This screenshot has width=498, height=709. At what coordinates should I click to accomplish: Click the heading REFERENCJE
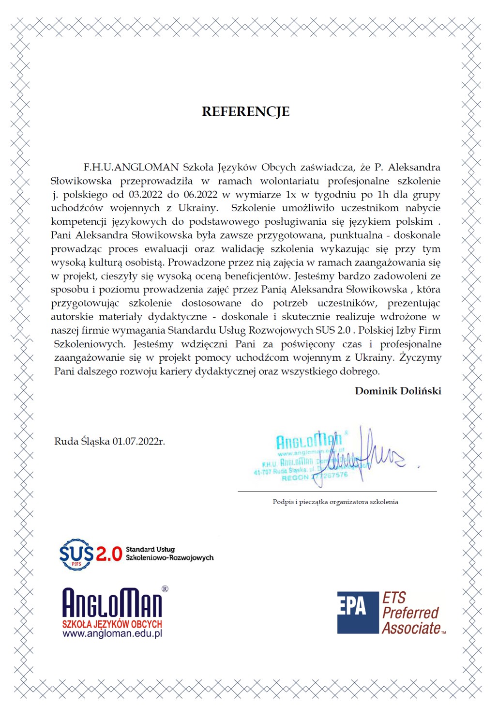(245, 112)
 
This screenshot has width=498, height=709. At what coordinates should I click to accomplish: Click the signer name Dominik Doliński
(398, 391)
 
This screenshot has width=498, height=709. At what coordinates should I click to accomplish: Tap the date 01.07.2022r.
(139, 441)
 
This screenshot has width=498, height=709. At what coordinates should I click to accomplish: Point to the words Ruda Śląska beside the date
(82, 441)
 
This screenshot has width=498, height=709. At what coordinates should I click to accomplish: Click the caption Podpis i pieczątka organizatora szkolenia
(335, 502)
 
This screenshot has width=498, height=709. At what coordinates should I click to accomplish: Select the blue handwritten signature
(368, 455)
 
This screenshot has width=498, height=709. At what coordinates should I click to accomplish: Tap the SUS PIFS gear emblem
(76, 554)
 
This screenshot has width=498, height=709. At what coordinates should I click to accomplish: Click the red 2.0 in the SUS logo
(109, 554)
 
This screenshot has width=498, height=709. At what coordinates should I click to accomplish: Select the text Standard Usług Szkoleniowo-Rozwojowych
(169, 554)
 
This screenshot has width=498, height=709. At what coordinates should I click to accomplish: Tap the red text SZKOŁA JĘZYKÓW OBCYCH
(112, 624)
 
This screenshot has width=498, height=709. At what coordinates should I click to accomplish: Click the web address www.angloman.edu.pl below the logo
(112, 633)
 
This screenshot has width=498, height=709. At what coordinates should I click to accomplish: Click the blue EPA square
(358, 612)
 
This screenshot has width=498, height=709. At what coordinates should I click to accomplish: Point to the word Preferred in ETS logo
(410, 613)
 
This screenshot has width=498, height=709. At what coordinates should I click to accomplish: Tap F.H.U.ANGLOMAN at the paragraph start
(131, 168)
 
